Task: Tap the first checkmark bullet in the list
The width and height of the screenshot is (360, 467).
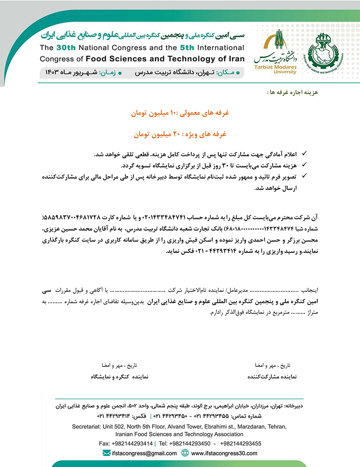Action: [305, 155]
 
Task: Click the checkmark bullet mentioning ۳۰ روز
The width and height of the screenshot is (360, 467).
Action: [305, 165]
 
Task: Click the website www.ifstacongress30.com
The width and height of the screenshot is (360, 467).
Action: [224, 453]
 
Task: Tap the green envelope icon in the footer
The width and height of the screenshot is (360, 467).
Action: [107, 453]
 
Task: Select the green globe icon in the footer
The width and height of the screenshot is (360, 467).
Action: [185, 453]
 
